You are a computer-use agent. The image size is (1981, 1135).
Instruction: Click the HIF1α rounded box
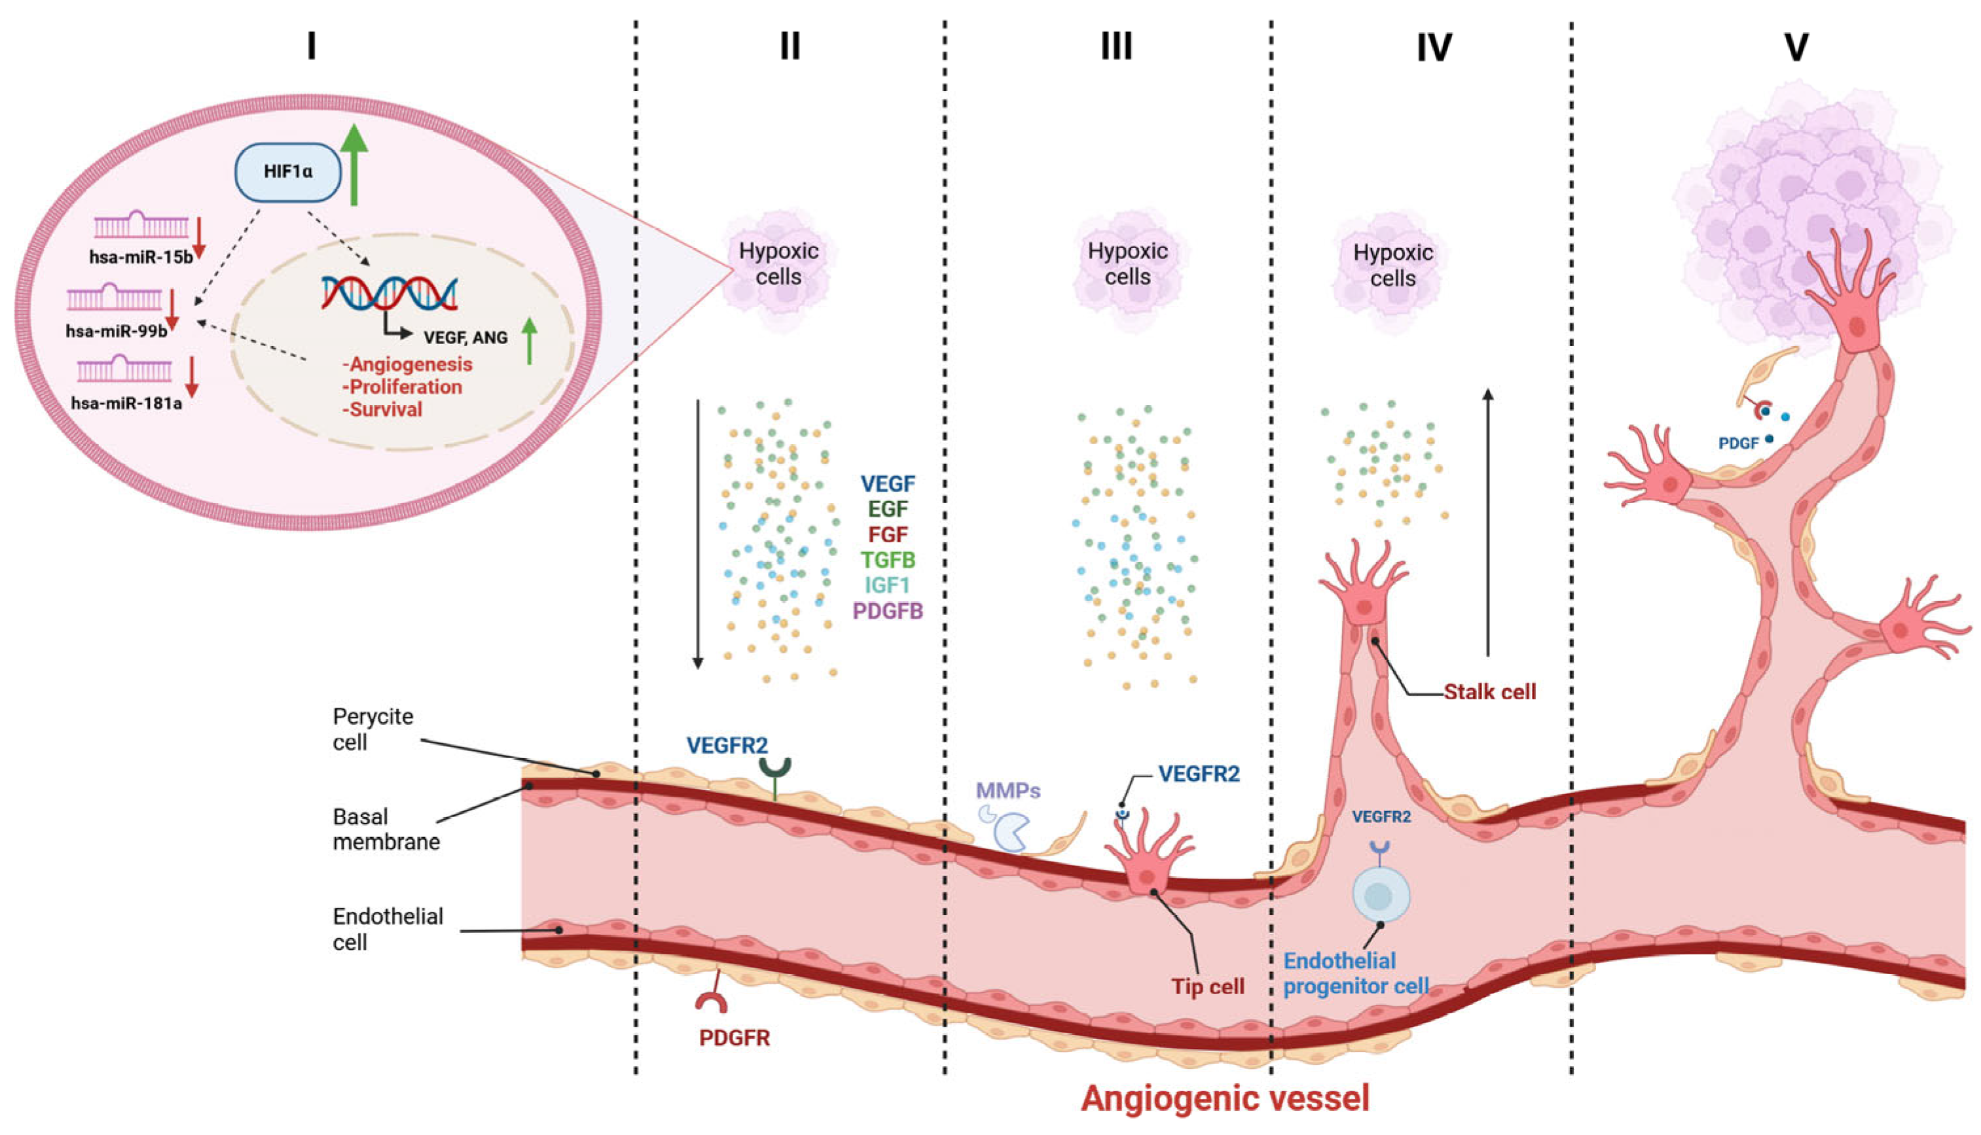point(288,171)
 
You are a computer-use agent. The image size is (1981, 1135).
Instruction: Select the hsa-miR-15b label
point(140,256)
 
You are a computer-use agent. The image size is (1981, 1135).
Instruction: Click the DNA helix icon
point(389,292)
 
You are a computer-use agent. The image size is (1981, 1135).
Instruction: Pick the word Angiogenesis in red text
point(410,364)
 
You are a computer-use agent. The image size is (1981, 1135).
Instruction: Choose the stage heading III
point(1116,46)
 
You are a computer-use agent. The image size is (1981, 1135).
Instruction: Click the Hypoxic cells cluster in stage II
point(778,265)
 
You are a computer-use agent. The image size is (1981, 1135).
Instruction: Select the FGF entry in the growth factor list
point(888,534)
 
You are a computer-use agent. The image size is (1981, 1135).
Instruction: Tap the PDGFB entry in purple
point(888,611)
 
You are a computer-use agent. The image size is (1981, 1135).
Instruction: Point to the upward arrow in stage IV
point(1488,522)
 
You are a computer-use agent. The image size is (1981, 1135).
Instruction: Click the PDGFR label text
point(734,1038)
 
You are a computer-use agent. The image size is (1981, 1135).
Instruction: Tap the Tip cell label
point(1207,987)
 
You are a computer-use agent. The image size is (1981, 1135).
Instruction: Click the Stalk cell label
point(1489,692)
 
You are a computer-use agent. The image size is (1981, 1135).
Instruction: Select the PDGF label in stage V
point(1738,444)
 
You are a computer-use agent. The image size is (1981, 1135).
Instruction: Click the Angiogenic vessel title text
point(1224,1098)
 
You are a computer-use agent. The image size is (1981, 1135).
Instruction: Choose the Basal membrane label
point(386,829)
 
